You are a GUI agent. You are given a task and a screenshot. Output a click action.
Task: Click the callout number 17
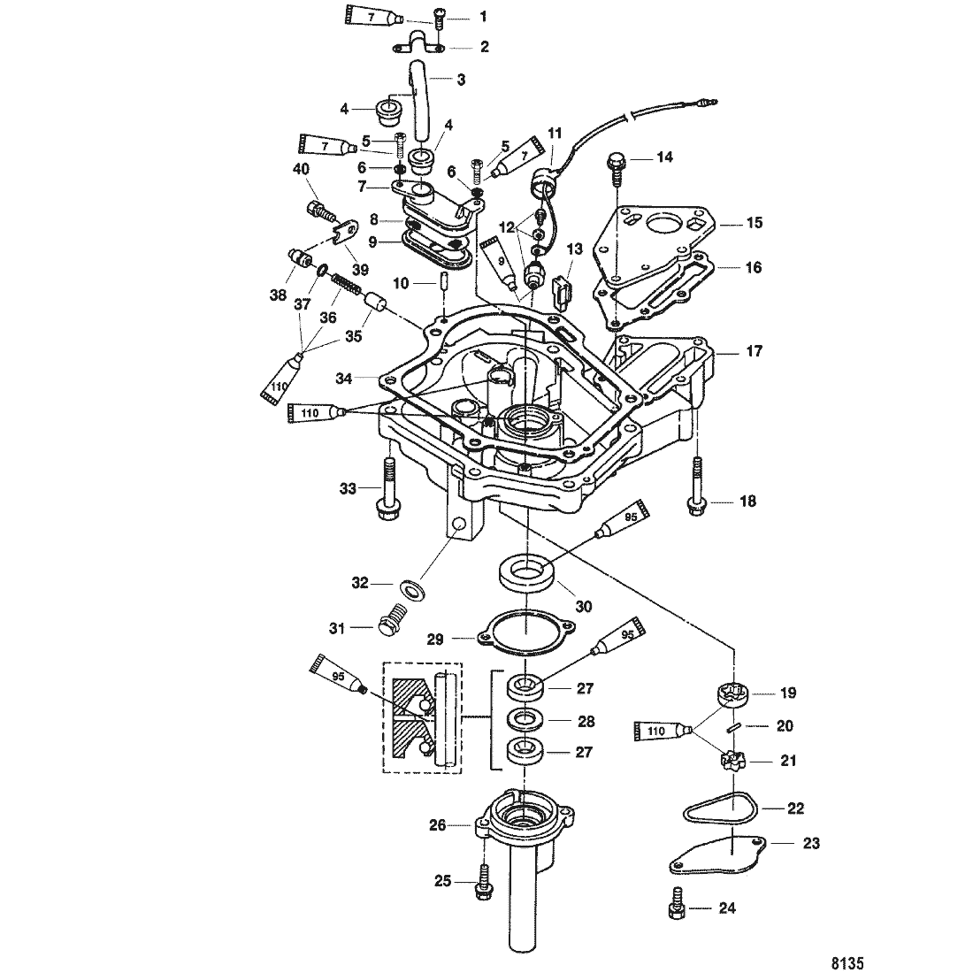click(754, 351)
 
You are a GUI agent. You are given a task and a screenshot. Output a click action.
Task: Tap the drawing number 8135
click(847, 960)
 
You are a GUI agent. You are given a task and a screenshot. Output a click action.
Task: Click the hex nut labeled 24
click(673, 908)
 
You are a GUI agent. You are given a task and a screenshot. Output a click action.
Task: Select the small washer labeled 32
click(411, 587)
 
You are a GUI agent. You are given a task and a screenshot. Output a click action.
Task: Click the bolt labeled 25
click(483, 881)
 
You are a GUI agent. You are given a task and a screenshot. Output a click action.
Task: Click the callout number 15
click(754, 223)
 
